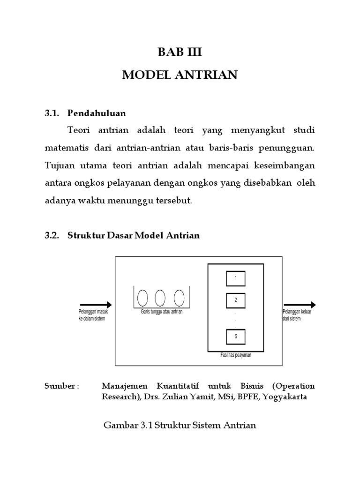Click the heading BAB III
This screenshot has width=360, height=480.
[180, 52]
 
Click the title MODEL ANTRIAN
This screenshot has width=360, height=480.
[180, 75]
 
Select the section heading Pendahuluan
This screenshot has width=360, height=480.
[97, 113]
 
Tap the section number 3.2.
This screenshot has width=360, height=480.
[52, 235]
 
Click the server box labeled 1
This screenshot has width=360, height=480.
[236, 278]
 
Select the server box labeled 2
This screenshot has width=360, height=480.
[236, 300]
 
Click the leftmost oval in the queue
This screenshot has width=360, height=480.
[142, 297]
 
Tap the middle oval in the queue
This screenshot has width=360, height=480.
[160, 297]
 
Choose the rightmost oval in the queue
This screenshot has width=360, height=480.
[179, 297]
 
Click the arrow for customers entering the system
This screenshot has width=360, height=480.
[96, 305]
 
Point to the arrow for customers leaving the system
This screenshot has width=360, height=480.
[299, 305]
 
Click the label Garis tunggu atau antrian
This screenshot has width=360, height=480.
[161, 311]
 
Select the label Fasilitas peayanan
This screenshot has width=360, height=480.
[236, 355]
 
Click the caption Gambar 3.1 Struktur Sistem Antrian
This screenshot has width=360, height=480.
[180, 426]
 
